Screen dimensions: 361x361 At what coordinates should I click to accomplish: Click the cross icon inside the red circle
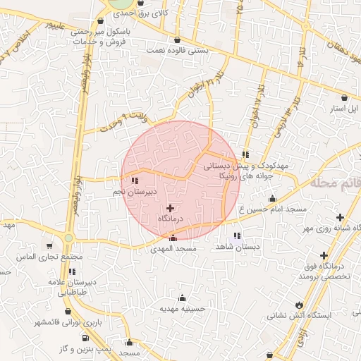click(x=170, y=208)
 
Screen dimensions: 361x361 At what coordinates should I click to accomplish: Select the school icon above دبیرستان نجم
click(x=135, y=181)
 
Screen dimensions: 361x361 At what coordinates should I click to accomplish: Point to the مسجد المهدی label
click(x=173, y=249)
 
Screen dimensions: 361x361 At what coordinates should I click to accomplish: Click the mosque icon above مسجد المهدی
click(x=173, y=238)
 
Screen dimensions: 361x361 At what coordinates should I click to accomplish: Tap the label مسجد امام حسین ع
click(x=276, y=209)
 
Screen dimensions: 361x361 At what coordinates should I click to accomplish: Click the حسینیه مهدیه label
click(x=182, y=308)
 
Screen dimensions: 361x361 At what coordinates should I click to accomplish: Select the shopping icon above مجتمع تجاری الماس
click(x=49, y=246)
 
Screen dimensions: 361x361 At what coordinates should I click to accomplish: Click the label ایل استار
click(x=345, y=109)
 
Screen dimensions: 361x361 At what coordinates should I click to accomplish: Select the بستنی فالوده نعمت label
click(x=177, y=50)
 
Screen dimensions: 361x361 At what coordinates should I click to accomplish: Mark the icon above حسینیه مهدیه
click(x=183, y=298)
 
